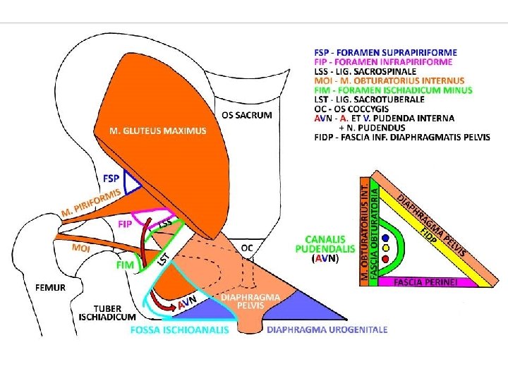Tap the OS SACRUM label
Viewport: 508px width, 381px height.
pyautogui.click(x=247, y=115)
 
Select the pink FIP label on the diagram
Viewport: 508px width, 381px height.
pyautogui.click(x=125, y=224)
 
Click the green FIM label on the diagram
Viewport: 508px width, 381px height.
pyautogui.click(x=123, y=265)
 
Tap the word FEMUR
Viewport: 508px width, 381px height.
pyautogui.click(x=50, y=288)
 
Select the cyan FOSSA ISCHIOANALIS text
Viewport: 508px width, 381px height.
pyautogui.click(x=179, y=330)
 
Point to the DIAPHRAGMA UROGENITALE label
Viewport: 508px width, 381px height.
pyautogui.click(x=326, y=329)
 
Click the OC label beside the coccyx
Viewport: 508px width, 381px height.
pyautogui.click(x=246, y=248)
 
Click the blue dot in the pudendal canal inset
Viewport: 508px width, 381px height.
pyautogui.click(x=385, y=238)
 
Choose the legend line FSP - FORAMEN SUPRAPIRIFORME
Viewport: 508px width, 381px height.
pyautogui.click(x=385, y=52)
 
